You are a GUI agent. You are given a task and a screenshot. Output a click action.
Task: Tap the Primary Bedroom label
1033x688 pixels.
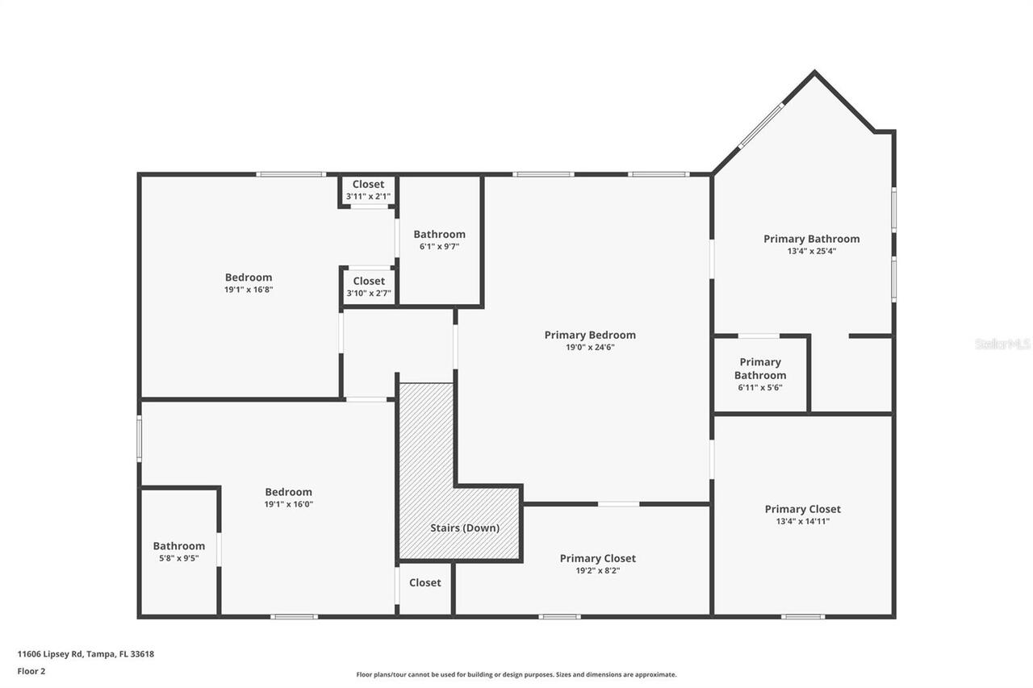[590, 335]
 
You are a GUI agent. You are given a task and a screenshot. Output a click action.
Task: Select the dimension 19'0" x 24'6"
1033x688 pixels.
[590, 348]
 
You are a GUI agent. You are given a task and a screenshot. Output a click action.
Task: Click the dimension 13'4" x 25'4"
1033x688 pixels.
[811, 251]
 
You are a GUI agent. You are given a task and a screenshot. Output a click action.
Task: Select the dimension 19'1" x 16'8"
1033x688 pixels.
[248, 290]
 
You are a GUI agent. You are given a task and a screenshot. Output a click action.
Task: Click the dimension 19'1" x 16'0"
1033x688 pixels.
[288, 504]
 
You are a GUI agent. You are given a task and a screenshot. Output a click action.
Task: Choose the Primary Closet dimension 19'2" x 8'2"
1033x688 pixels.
[597, 570]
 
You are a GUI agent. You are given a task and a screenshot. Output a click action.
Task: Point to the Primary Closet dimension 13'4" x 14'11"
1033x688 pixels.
[802, 521]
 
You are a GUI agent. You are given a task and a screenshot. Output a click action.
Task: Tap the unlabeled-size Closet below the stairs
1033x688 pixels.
[424, 582]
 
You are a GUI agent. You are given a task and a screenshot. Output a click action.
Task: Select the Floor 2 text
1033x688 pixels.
[31, 671]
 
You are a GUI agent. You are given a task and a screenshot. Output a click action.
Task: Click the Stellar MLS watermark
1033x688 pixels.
[1002, 344]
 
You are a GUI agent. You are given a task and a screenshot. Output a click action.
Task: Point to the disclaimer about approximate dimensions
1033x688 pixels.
[516, 674]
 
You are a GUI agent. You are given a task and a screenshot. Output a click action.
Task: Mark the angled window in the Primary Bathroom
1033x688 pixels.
[761, 125]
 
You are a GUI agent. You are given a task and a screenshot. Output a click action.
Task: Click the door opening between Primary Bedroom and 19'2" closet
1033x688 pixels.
[618, 504]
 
